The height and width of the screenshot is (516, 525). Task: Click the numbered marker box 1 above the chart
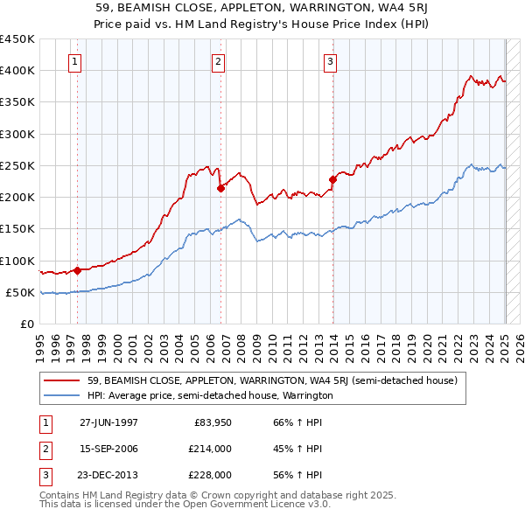pyautogui.click(x=76, y=61)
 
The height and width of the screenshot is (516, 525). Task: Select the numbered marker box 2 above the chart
pyautogui.click(x=218, y=61)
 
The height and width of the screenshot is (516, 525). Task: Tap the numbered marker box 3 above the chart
pyautogui.click(x=330, y=61)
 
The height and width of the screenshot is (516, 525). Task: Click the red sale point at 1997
pyautogui.click(x=77, y=270)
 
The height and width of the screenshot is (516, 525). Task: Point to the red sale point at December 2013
pyautogui.click(x=332, y=179)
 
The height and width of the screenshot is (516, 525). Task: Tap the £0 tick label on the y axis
pyautogui.click(x=26, y=324)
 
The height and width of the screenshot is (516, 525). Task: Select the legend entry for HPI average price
pyautogui.click(x=210, y=395)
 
